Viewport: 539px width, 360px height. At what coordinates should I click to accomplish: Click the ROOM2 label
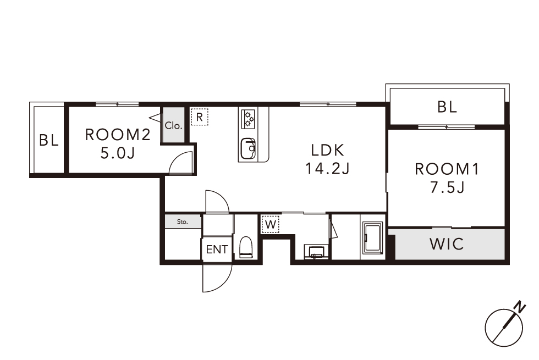[118, 135]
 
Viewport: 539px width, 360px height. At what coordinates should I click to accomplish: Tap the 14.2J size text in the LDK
[327, 169]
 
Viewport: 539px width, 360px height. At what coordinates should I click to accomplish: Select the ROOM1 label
[447, 169]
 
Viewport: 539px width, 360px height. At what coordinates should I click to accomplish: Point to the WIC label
[447, 244]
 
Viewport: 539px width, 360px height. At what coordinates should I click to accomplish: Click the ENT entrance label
[217, 250]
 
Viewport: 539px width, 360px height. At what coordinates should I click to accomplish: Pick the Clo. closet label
[173, 126]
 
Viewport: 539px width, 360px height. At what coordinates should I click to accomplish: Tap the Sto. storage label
[183, 222]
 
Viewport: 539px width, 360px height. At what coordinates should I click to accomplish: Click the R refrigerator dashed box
[199, 117]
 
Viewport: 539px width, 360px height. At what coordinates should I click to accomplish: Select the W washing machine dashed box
[271, 225]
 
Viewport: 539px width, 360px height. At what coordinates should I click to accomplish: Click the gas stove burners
[249, 119]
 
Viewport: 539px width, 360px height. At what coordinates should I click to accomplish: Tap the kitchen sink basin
[248, 148]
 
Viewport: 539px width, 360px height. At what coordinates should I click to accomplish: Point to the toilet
[246, 247]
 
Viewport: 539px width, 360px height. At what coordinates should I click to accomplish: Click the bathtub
[373, 239]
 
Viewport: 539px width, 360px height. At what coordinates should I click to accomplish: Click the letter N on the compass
[520, 307]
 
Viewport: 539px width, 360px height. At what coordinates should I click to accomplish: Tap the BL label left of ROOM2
[49, 140]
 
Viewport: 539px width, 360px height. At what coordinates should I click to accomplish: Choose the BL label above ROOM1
[447, 107]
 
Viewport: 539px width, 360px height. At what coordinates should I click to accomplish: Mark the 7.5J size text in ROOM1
[447, 187]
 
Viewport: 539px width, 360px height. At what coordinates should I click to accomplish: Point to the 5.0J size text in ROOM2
[118, 153]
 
